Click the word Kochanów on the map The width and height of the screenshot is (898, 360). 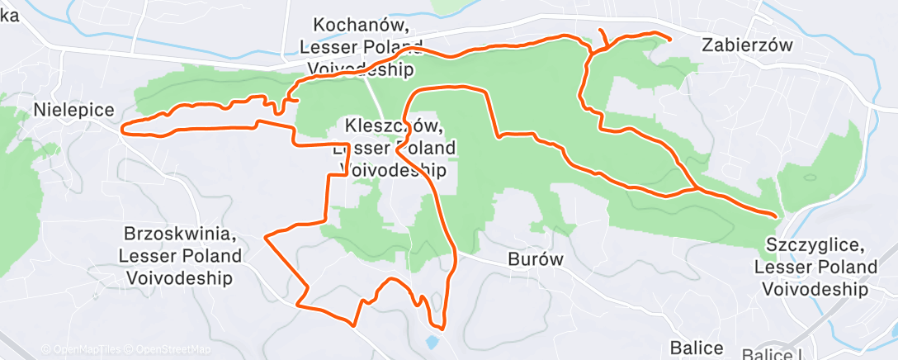[362, 26]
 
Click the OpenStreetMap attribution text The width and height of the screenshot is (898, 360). [153, 347]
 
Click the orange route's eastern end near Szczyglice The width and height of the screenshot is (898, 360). [776, 216]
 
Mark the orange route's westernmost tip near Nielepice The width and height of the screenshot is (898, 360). [124, 129]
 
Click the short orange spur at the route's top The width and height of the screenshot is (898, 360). [602, 36]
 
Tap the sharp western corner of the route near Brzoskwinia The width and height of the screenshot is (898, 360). [265, 236]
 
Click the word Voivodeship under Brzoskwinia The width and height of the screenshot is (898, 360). [181, 276]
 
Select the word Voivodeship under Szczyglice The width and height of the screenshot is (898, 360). [815, 289]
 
